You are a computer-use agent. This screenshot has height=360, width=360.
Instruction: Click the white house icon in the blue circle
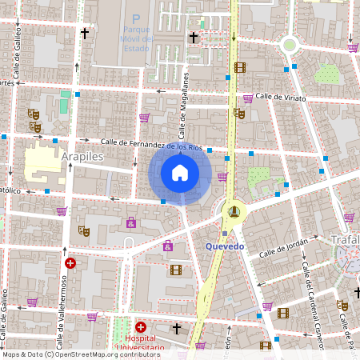tap(180, 173)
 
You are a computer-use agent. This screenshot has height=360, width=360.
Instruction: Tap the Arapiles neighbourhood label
tap(82, 157)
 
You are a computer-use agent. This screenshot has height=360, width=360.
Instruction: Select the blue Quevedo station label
tap(225, 246)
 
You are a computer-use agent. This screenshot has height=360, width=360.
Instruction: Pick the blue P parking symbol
tap(136, 18)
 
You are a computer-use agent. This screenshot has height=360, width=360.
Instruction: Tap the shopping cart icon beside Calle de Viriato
tap(248, 98)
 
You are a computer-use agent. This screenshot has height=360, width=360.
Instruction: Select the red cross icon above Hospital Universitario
tap(141, 327)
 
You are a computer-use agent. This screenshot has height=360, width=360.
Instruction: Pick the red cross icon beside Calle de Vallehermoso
tap(70, 262)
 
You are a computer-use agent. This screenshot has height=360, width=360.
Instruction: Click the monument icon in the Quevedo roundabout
tap(234, 211)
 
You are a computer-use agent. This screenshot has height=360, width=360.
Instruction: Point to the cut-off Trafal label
tap(345, 238)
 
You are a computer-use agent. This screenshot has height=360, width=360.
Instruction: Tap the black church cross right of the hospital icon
tap(177, 328)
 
